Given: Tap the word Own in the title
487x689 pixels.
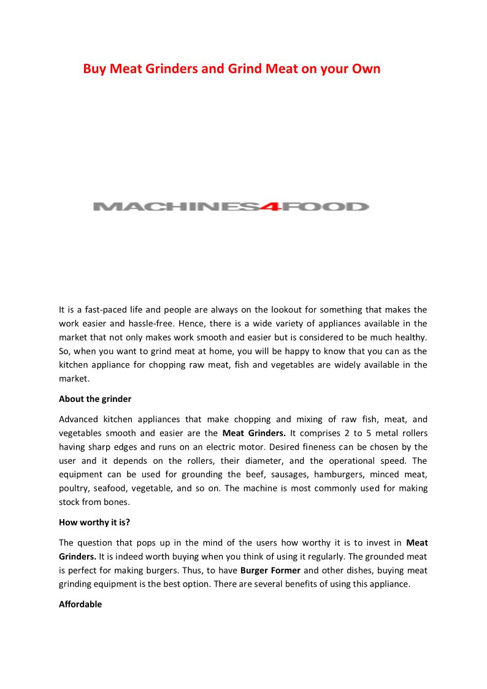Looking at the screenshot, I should tap(366, 69).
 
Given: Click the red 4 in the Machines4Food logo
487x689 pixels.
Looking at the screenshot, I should tap(272, 207).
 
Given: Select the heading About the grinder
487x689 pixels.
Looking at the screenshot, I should tap(95, 399).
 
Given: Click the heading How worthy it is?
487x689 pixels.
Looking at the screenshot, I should tap(94, 523).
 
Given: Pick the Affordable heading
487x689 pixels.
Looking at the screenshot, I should tap(80, 604).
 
